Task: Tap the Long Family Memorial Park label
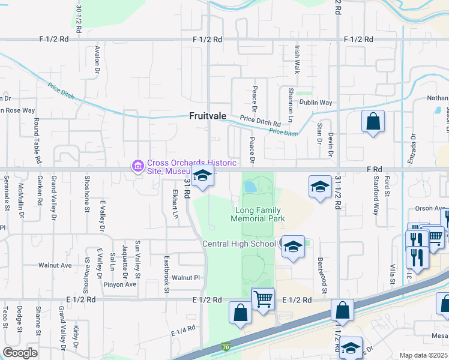259,214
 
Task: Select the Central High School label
239,244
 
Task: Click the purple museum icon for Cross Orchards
137,165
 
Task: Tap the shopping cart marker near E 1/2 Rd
263,298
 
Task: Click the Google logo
20,353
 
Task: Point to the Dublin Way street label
318,103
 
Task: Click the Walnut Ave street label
55,265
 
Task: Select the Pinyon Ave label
120,284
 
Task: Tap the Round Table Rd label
37,141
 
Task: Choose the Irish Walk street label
297,59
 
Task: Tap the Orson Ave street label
429,208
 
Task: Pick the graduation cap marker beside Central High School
293,247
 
